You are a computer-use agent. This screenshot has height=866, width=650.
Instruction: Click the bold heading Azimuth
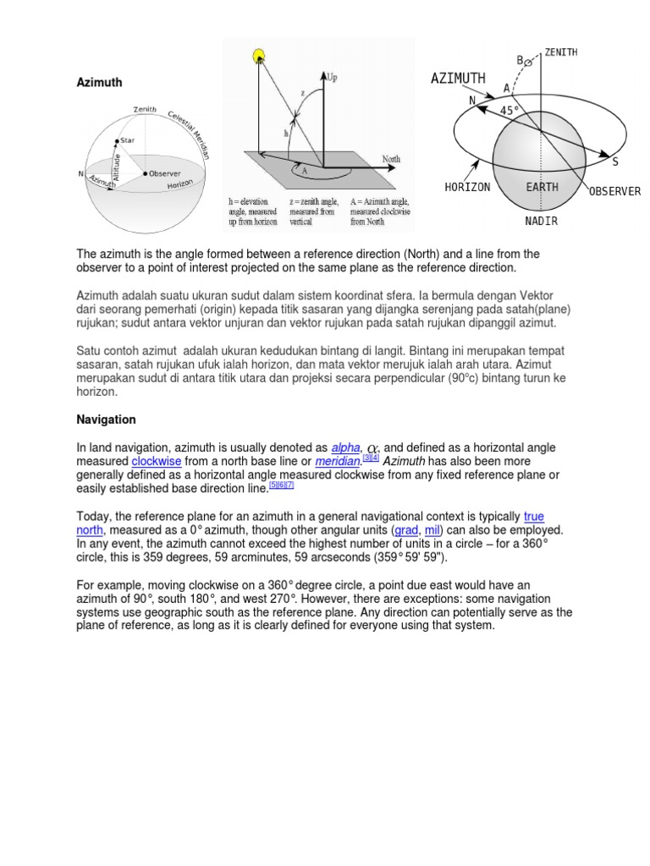99,83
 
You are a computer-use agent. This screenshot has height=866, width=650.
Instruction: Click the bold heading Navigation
106,419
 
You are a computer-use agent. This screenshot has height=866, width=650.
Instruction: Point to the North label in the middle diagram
391,158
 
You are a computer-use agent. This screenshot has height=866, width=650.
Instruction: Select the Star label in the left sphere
128,140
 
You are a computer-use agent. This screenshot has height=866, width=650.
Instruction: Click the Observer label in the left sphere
165,173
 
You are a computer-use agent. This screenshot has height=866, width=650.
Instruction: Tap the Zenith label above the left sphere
145,109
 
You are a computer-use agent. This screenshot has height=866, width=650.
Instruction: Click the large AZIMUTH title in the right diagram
458,79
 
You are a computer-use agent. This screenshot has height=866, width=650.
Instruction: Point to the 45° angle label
510,111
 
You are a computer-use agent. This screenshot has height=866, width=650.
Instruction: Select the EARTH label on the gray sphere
542,187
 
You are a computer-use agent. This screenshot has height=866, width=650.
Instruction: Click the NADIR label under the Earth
541,222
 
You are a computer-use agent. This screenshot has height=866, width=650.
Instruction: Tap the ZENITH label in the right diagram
561,52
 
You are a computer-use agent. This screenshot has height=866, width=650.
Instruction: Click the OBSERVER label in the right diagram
614,191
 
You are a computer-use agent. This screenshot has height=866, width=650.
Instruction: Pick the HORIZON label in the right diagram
467,187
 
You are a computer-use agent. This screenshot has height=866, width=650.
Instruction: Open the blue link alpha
345,447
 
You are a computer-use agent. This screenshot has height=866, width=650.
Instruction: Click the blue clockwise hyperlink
157,461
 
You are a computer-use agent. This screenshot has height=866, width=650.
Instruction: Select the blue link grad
406,529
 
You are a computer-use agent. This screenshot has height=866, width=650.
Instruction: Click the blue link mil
432,529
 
